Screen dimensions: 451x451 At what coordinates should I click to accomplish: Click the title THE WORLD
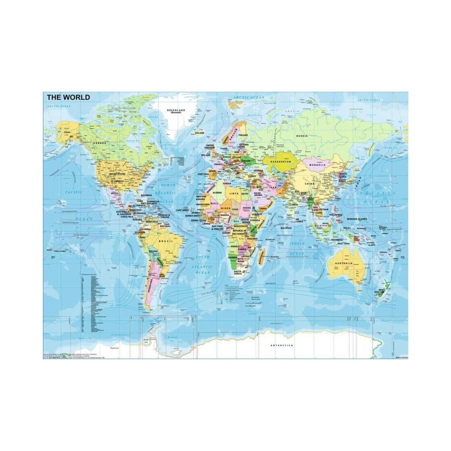(68, 97)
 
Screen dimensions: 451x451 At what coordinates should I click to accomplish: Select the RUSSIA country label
(301, 136)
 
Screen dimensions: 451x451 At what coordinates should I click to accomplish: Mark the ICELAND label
(199, 133)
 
